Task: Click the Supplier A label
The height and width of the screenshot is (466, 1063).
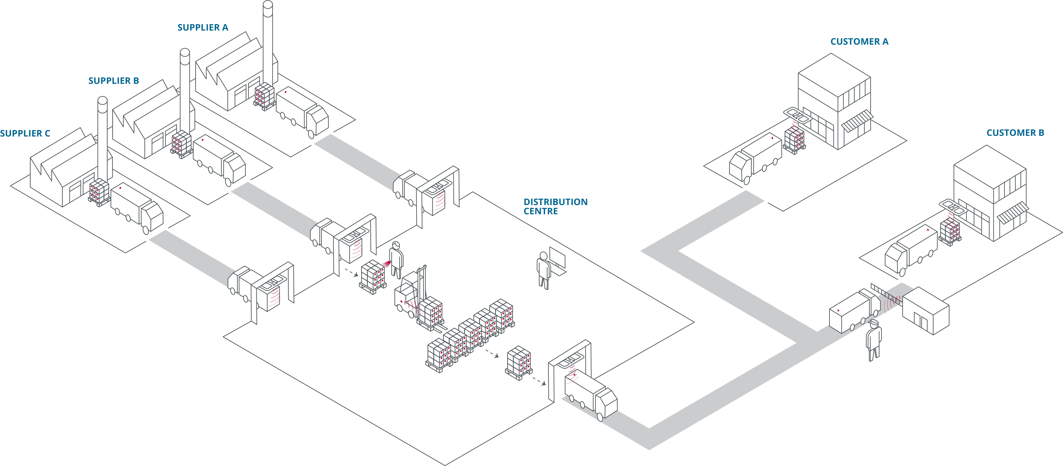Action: [203, 28]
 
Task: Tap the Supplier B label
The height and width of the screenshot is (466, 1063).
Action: [113, 81]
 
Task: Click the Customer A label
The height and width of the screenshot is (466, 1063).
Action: [859, 42]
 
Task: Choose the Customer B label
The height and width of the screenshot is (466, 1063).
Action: [1015, 133]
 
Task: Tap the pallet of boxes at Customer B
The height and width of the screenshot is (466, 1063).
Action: [950, 232]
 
